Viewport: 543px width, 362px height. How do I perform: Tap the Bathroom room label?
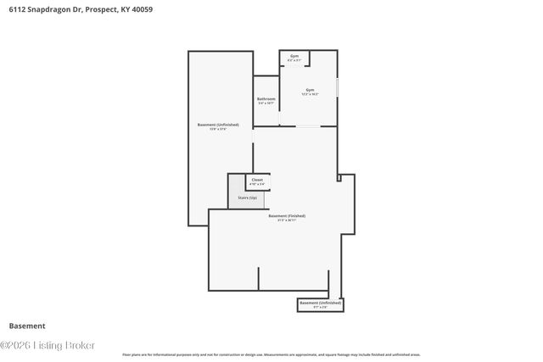click(x=266, y=98)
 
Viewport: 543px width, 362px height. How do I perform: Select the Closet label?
click(x=257, y=180)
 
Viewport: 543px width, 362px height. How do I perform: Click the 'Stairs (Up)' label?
click(x=247, y=197)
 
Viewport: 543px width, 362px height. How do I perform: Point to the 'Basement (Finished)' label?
click(x=287, y=215)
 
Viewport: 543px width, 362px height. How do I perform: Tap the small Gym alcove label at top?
click(x=294, y=56)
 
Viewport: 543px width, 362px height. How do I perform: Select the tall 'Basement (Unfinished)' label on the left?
click(x=218, y=125)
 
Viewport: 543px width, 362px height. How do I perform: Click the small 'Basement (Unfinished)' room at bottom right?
click(x=321, y=304)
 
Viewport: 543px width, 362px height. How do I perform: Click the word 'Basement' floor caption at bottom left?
click(x=27, y=326)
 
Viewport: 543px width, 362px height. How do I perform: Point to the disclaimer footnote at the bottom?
click(x=271, y=354)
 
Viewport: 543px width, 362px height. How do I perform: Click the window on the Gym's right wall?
click(x=338, y=87)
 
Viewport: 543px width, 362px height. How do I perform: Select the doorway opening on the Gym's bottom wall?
click(x=307, y=127)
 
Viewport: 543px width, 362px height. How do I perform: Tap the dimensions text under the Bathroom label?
click(x=266, y=103)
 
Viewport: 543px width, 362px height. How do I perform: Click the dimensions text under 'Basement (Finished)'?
click(x=287, y=220)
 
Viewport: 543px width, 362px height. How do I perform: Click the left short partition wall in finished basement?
click(x=259, y=279)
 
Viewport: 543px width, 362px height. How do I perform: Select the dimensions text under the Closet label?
click(x=257, y=184)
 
